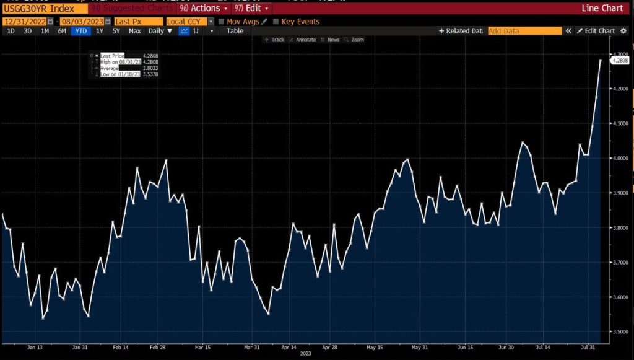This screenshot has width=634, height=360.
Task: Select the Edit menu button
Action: click(252, 9)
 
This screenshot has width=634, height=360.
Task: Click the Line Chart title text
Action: click(602, 9)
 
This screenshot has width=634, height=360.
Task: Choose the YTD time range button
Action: click(80, 31)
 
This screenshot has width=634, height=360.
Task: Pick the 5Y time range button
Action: click(116, 31)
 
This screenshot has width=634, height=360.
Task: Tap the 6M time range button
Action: click(62, 31)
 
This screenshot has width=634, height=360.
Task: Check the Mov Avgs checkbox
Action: click(222, 21)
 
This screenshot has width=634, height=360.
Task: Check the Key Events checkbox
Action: click(276, 21)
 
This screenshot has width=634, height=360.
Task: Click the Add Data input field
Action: click(524, 31)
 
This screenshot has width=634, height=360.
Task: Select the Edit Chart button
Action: click(596, 31)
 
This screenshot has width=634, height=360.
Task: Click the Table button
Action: click(235, 31)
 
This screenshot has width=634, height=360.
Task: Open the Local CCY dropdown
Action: click(189, 21)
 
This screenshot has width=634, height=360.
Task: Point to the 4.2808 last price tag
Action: click(620, 60)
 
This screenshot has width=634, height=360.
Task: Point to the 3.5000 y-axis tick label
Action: click(620, 333)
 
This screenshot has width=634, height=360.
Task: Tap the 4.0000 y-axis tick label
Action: click(620, 159)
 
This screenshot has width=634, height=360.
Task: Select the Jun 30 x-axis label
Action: click(506, 348)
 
